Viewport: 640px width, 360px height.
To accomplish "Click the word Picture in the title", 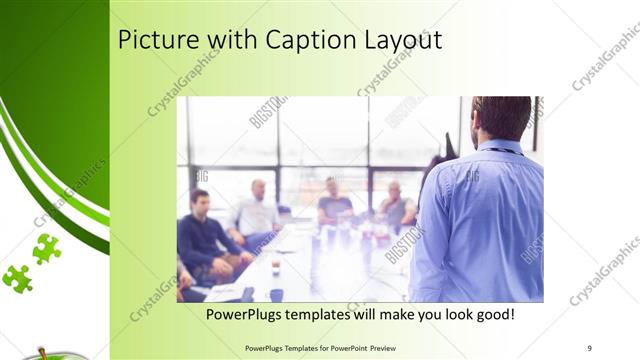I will pos(153,41).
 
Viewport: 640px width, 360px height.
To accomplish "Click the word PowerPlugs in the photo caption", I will pos(248,314).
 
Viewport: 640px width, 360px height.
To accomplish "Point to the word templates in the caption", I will pos(334,314).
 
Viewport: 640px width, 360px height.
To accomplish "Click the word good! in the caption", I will pos(493,314).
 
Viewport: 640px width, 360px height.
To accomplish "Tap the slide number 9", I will pos(590,347).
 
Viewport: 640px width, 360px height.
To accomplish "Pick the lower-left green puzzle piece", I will pos(17,277).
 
